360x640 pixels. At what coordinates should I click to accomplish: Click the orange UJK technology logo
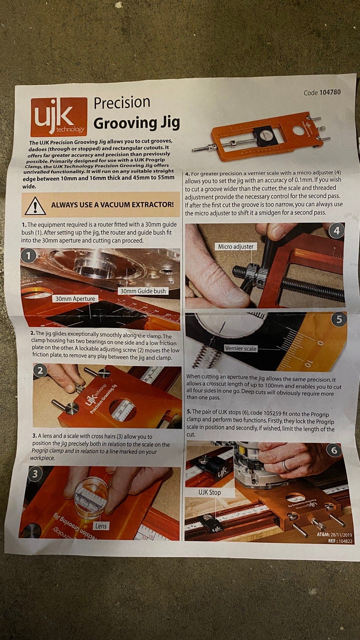[x=59, y=117]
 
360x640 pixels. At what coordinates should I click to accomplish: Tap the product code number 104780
[x=330, y=92]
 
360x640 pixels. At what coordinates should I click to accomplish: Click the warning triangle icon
[x=35, y=206]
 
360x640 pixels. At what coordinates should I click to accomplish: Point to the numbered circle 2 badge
[x=40, y=370]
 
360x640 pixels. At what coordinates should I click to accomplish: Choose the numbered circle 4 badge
[x=336, y=230]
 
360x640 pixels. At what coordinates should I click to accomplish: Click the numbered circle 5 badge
[x=339, y=319]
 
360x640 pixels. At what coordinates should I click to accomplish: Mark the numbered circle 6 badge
[x=334, y=450]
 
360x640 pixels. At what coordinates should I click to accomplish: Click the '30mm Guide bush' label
[x=143, y=291]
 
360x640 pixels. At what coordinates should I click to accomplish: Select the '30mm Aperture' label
[x=75, y=298]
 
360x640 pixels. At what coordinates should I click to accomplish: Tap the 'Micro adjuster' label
[x=236, y=246]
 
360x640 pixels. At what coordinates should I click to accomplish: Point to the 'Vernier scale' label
[x=240, y=348]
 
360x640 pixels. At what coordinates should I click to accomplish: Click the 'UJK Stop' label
[x=210, y=492]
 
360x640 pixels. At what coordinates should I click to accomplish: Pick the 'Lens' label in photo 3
[x=101, y=526]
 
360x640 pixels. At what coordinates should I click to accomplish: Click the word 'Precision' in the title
[x=122, y=102]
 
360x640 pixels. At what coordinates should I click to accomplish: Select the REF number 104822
[x=346, y=540]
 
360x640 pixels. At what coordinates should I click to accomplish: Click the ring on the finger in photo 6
[x=285, y=466]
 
